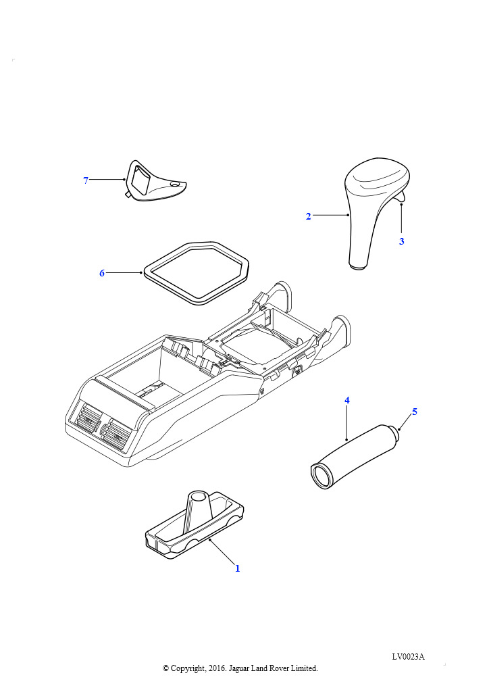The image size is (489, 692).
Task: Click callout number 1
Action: click(237, 568)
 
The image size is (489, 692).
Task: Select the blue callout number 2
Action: click(308, 216)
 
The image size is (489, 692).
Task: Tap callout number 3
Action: click(401, 241)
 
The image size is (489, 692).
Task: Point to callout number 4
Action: click(347, 400)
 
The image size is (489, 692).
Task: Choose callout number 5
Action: click(415, 412)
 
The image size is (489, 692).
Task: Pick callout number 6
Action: click(102, 273)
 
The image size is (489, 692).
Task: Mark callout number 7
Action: click(86, 180)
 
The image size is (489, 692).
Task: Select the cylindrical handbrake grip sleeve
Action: click(353, 457)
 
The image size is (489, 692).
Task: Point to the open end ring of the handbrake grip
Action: click(321, 476)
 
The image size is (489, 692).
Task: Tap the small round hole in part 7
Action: click(175, 184)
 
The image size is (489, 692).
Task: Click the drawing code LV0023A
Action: click(409, 657)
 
